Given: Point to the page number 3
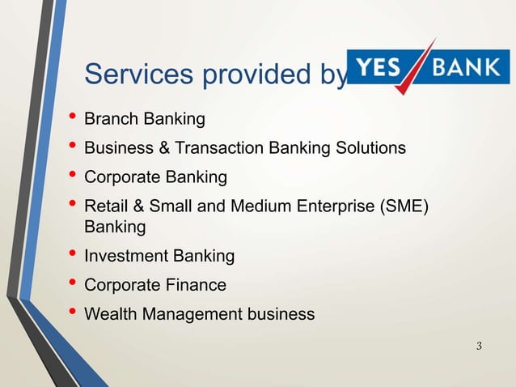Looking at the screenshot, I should tap(480, 347).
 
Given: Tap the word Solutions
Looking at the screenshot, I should tap(373, 148).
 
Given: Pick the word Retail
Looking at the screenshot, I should tap(105, 206).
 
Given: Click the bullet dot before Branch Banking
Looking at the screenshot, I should tap(73, 121).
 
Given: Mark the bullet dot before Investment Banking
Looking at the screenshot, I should tap(73, 257).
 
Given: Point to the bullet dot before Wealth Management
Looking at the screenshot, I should tap(73, 313).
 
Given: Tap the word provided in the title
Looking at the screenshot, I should tap(246, 75).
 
